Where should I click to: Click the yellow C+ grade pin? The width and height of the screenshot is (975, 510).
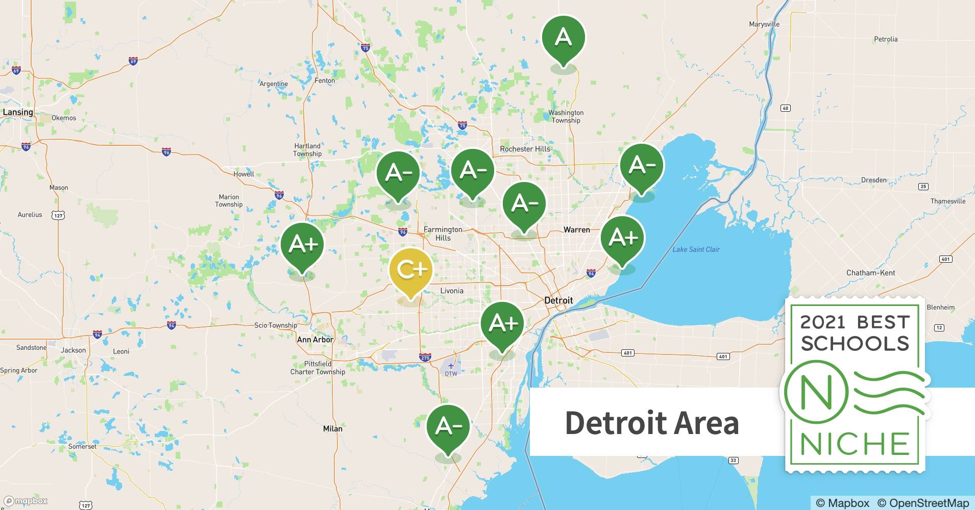[x=410, y=270]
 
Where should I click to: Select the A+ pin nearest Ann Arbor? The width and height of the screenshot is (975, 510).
[x=302, y=245]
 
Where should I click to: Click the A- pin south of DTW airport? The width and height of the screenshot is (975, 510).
[x=448, y=426]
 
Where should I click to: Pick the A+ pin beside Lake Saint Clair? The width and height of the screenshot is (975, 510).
[x=622, y=238]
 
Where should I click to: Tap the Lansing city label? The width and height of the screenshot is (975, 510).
[x=18, y=112]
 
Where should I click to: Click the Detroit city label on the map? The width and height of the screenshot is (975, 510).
[x=558, y=300]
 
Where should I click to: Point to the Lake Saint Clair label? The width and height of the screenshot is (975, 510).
[x=696, y=249]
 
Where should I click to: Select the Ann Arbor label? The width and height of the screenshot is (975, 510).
[x=315, y=340]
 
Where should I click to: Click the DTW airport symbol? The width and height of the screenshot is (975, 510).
[x=450, y=366]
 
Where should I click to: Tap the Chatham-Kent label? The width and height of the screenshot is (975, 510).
[x=870, y=273]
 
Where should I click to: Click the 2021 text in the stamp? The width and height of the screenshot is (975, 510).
[x=823, y=322]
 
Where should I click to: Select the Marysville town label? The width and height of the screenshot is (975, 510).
[x=764, y=24]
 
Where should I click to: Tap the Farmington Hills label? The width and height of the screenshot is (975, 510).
[x=443, y=234]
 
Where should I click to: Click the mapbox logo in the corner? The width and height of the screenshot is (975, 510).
[x=26, y=501]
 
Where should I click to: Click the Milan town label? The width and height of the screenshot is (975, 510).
[x=332, y=429]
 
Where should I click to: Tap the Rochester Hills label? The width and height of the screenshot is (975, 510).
[x=525, y=149]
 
